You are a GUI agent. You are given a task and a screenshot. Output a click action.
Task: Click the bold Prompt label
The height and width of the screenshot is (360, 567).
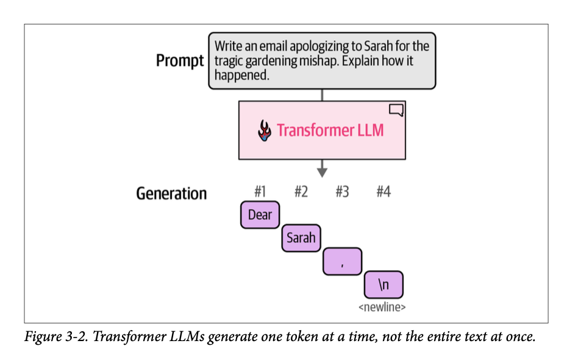tap(179, 61)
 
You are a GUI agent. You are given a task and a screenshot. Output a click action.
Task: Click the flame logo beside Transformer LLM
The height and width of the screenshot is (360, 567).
tap(264, 131)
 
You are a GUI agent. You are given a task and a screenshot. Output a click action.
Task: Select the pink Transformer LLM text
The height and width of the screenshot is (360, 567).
tap(330, 131)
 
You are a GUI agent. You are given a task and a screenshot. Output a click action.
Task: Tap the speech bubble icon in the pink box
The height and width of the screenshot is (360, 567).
tap(396, 110)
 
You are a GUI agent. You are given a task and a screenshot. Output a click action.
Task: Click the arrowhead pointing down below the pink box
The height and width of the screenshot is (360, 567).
tap(322, 171)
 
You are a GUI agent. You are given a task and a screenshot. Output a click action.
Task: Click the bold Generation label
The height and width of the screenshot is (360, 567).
tap(171, 194)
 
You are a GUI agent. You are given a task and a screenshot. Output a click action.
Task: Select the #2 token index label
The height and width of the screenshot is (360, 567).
tap(301, 192)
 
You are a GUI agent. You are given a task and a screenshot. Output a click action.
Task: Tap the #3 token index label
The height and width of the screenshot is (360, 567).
tap(342, 192)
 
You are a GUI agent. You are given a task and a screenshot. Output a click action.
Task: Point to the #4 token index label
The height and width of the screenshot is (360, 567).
tap(383, 192)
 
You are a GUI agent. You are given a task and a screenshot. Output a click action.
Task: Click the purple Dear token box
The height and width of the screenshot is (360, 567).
tap(260, 215)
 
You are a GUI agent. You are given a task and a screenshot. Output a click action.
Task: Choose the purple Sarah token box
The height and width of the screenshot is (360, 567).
tap(301, 238)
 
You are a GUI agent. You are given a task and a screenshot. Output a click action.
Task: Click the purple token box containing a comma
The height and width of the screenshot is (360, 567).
tap(342, 261)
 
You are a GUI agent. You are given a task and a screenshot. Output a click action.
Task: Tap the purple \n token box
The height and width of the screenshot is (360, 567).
tap(383, 284)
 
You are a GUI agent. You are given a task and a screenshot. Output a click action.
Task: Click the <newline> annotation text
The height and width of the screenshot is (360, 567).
tap(382, 307)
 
